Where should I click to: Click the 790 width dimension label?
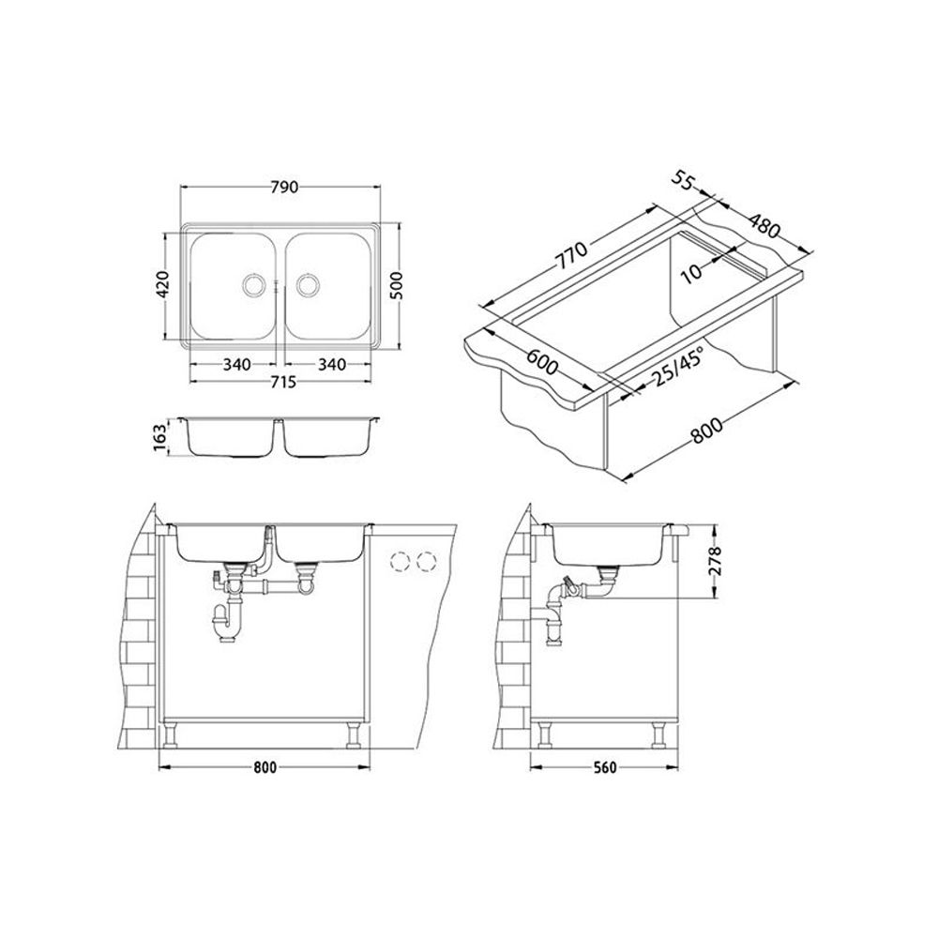click(x=284, y=188)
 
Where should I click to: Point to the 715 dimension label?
click(x=282, y=381)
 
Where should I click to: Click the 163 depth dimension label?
click(x=159, y=438)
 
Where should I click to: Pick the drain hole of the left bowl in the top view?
click(x=252, y=284)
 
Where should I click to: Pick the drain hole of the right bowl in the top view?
click(x=308, y=284)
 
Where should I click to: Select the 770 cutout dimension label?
click(x=572, y=254)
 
